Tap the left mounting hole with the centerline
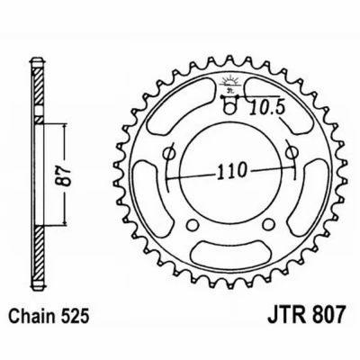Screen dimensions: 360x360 coord(168,153)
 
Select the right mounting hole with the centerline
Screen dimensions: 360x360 coord(291,153)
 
